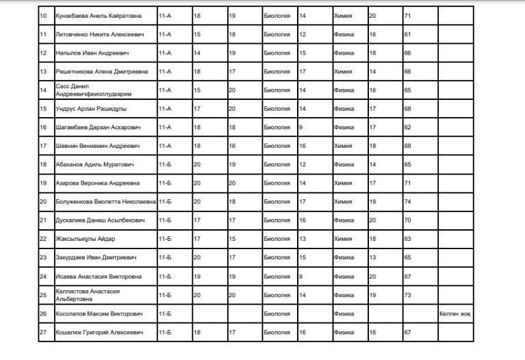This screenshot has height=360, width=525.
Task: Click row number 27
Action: coord(43,332)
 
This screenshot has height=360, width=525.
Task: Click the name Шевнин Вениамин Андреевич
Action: coord(98,146)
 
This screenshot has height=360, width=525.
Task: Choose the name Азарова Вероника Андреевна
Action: coord(97,183)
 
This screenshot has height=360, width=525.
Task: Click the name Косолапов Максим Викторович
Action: coord(99,313)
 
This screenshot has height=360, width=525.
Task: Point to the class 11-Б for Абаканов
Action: coord(164,165)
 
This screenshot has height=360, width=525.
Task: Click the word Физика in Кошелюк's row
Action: coord(344,332)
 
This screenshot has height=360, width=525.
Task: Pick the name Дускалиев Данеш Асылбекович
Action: coord(100,220)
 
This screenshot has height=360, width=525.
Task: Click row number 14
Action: coord(43,90)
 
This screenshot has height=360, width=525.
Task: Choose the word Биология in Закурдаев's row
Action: coord(277,257)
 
